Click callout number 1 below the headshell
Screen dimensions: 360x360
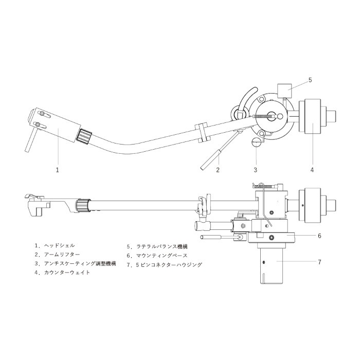(58, 169)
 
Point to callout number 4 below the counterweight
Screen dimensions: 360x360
(312, 169)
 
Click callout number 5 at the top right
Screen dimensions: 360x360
(310, 80)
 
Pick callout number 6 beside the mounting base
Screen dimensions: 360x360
(319, 236)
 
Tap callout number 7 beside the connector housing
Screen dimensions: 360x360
(319, 262)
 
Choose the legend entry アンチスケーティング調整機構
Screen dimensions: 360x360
(80, 263)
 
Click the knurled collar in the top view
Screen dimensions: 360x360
(84, 136)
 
